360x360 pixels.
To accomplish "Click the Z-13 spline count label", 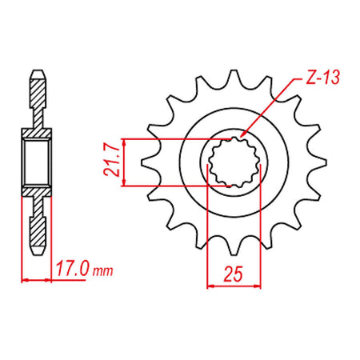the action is tap(322, 78).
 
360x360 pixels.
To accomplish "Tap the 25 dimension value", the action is tap(234, 274).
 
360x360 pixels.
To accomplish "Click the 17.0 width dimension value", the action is tap(72, 269).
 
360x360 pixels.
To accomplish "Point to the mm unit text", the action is tap(103, 271).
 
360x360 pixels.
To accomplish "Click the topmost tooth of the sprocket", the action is tap(234, 78).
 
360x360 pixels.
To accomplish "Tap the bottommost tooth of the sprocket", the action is tap(234, 246).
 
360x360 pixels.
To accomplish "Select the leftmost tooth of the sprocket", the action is tap(150, 162).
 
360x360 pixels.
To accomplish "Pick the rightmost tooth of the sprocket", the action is tap(318, 162).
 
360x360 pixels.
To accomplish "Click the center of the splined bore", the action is tap(234, 162).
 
